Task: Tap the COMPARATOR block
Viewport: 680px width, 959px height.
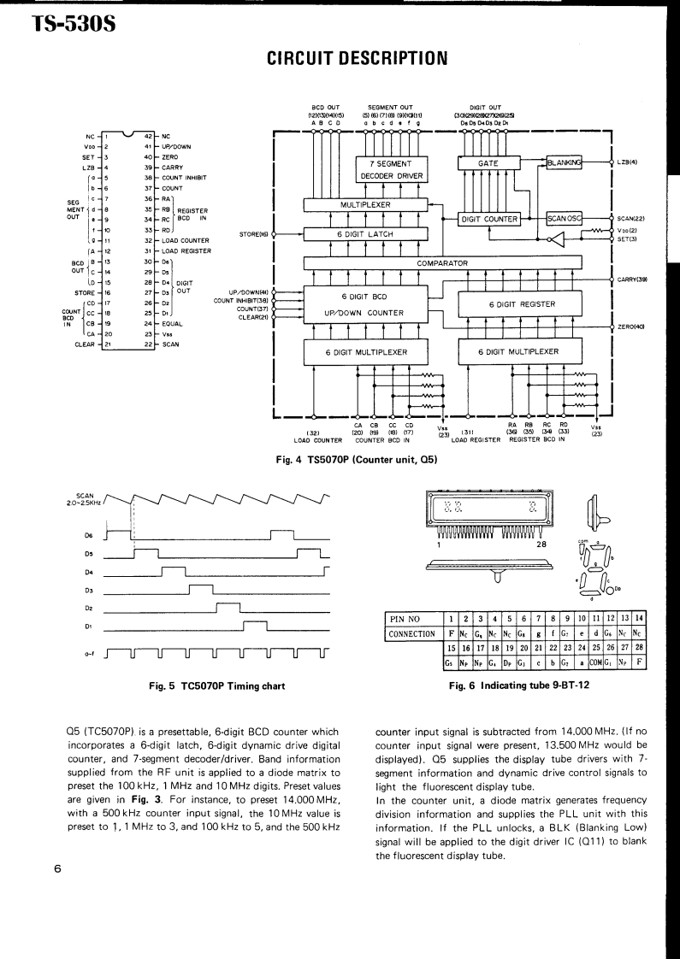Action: (x=442, y=263)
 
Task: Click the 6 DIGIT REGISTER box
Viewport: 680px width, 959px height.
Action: (x=521, y=304)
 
